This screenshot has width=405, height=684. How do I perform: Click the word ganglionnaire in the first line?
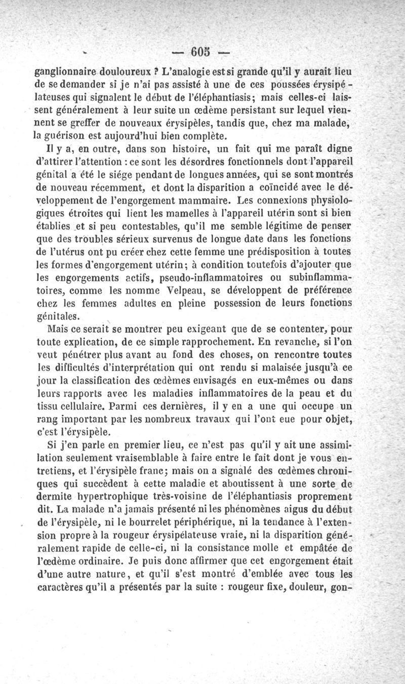click(72, 71)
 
